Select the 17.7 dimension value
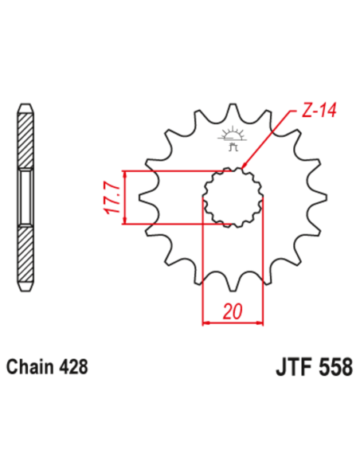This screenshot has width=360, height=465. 112,198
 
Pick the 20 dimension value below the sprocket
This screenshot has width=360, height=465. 233,311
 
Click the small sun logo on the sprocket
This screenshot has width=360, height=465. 232,132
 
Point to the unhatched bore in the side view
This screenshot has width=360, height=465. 26,197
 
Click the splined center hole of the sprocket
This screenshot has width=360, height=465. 233,197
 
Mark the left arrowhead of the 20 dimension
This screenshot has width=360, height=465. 206,322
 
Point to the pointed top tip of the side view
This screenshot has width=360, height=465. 26,106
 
